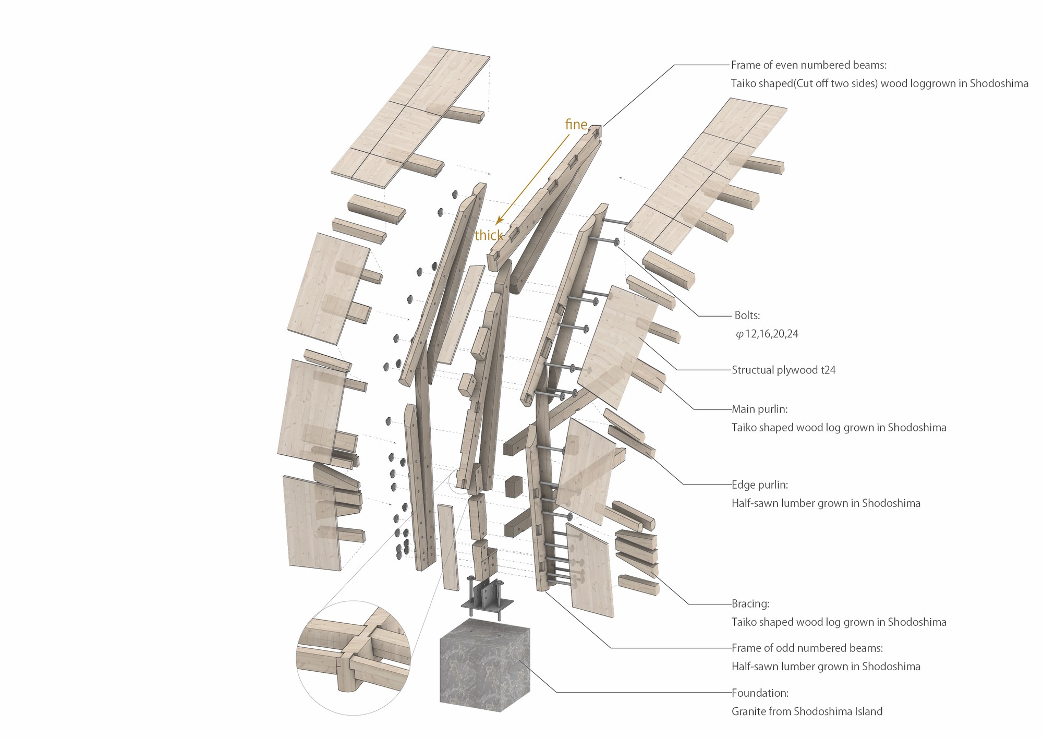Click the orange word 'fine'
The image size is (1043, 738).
point(576,124)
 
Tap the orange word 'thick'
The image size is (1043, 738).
point(489,235)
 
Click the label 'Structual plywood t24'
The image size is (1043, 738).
point(783,370)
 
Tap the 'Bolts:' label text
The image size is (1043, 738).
point(747,315)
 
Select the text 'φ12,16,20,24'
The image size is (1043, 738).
point(767,334)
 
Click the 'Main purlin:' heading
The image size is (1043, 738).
point(759,409)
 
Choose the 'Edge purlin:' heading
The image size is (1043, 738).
point(760,485)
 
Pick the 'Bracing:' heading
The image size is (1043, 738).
point(750,603)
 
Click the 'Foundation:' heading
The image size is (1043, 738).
point(760,693)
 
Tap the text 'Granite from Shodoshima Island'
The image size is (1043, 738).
point(807,711)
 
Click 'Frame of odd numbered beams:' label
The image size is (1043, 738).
point(807,648)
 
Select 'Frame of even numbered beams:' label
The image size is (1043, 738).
point(809,65)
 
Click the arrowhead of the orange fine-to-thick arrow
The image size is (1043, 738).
point(498,222)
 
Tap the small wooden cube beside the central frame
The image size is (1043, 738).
point(514,487)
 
